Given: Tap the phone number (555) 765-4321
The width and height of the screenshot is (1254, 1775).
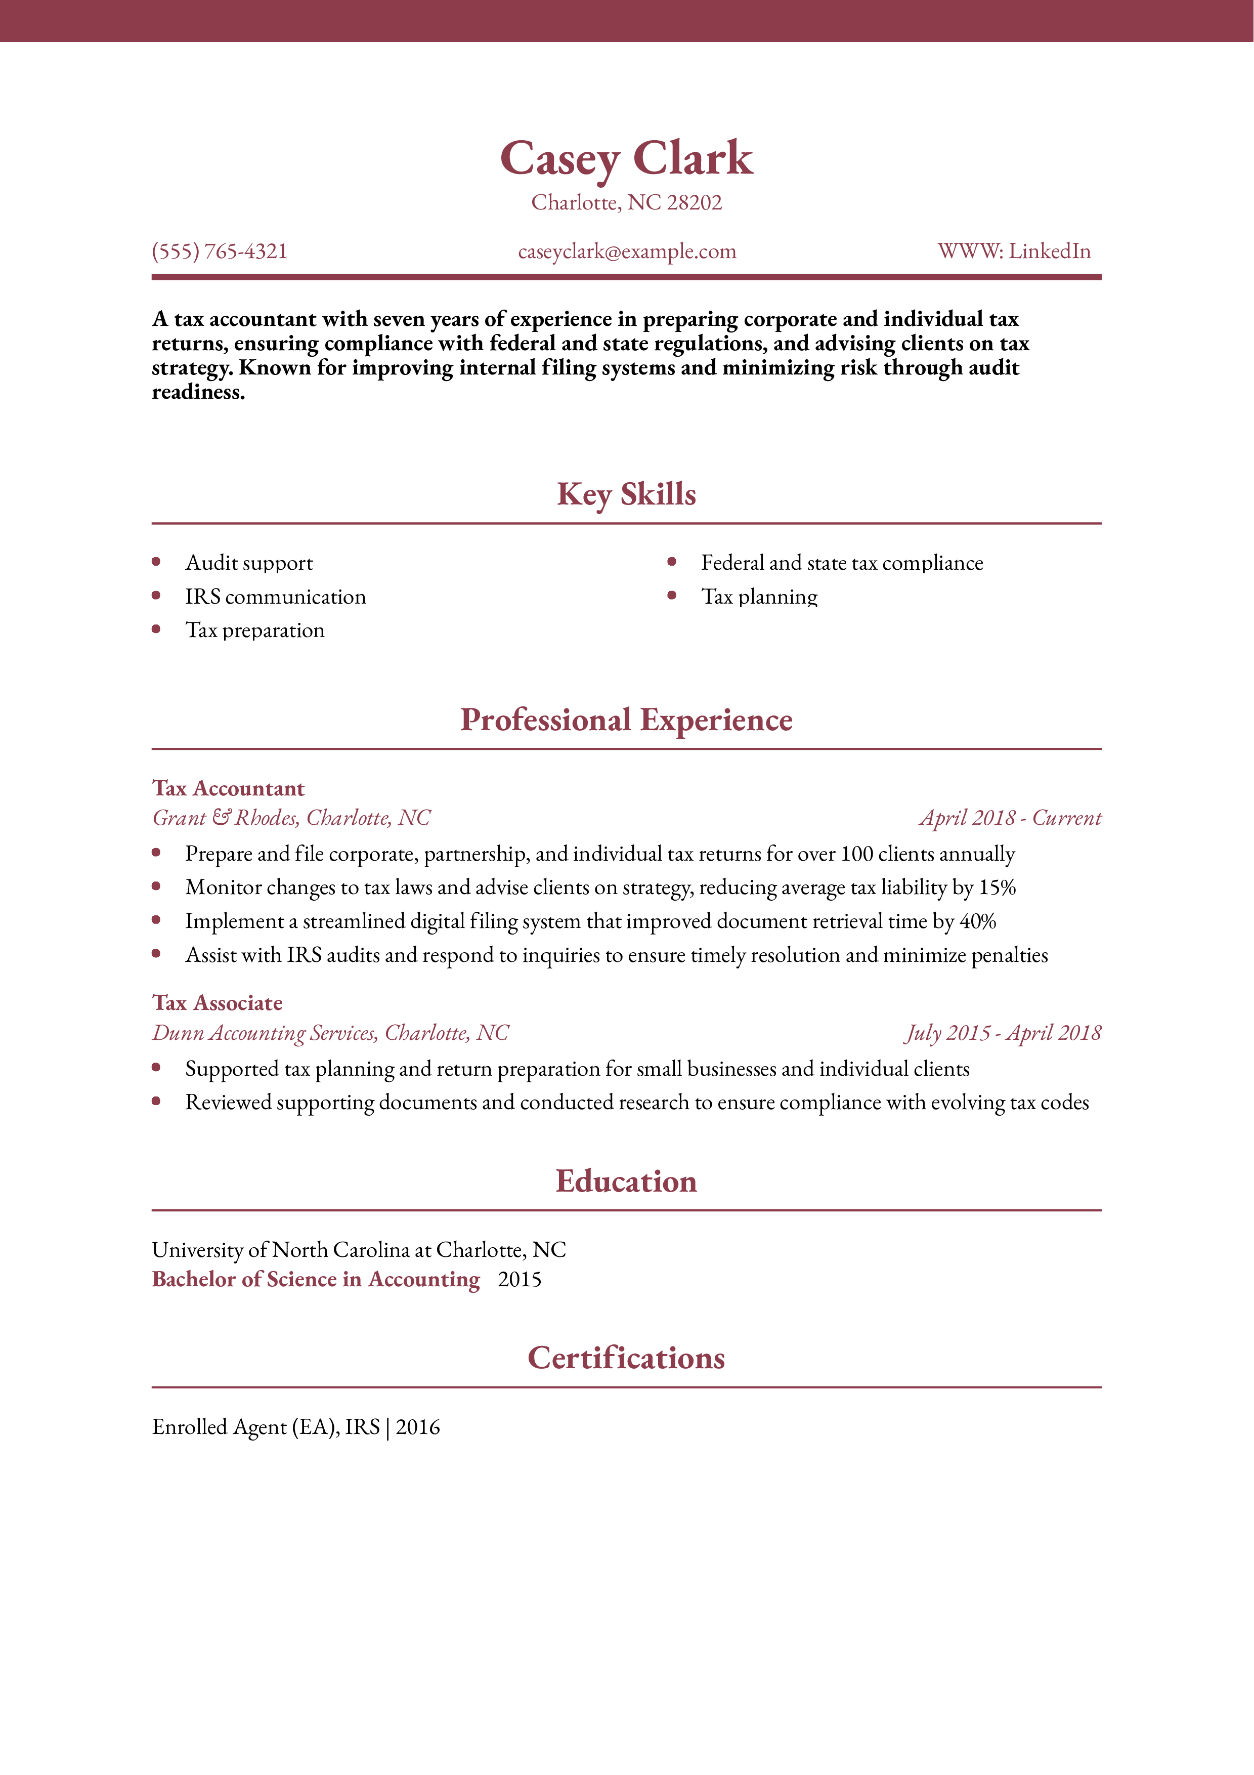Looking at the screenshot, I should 220,251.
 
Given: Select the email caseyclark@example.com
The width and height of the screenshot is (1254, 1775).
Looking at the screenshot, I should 627,251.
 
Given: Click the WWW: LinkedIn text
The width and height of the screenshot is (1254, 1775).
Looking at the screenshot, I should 1014,251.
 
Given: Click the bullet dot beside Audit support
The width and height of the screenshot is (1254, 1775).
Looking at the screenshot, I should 156,562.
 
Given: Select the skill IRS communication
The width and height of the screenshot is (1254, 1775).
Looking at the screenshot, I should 275,597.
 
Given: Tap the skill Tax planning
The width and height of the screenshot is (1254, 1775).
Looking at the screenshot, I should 759,597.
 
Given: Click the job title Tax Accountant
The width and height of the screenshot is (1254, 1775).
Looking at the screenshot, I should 228,788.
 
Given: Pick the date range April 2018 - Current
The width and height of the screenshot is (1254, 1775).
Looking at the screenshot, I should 1010,818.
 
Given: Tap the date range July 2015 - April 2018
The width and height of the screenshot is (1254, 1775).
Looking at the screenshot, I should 1003,1033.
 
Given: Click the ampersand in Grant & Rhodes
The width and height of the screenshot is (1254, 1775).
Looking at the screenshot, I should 221,817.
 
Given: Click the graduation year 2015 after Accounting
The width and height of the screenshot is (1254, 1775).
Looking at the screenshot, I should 519,1280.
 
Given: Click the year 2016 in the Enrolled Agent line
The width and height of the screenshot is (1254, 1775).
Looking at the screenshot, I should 417,1427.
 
